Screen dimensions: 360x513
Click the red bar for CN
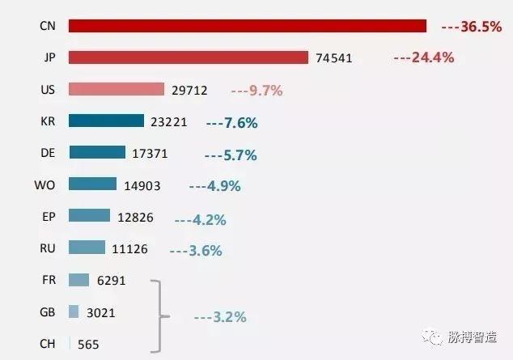(247, 26)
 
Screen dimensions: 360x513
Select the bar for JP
(189, 57)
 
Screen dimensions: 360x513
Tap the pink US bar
(117, 89)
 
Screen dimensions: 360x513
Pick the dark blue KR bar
(106, 121)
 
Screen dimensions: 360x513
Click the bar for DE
(97, 152)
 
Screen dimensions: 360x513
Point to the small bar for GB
(74, 311)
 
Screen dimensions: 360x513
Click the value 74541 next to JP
(334, 58)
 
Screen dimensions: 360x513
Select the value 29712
(189, 91)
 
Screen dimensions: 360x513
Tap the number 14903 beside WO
(142, 186)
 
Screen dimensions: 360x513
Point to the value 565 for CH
(88, 345)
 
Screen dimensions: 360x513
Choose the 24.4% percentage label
(423, 57)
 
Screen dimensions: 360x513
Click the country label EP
(48, 216)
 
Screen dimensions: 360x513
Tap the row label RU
(48, 248)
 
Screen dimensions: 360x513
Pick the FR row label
(48, 280)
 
